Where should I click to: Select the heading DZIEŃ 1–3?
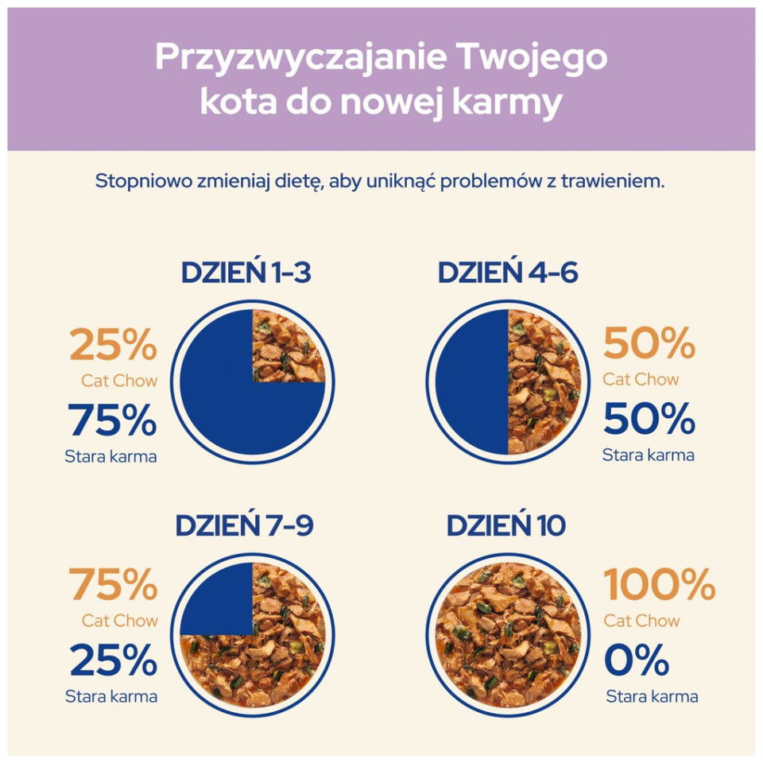246,273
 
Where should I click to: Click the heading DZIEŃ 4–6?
507,273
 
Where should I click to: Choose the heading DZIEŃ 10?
506,525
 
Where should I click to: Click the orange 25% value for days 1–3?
113,346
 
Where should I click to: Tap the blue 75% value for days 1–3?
112,420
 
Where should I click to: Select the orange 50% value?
649,344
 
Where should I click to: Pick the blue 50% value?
649,419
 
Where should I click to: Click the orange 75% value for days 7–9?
113,585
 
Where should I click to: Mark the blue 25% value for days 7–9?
113,660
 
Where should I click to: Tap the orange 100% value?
660,585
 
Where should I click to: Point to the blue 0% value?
637,660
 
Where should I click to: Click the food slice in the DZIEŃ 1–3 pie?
288,347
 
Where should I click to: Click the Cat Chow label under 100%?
641,620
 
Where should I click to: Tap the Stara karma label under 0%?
652,697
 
